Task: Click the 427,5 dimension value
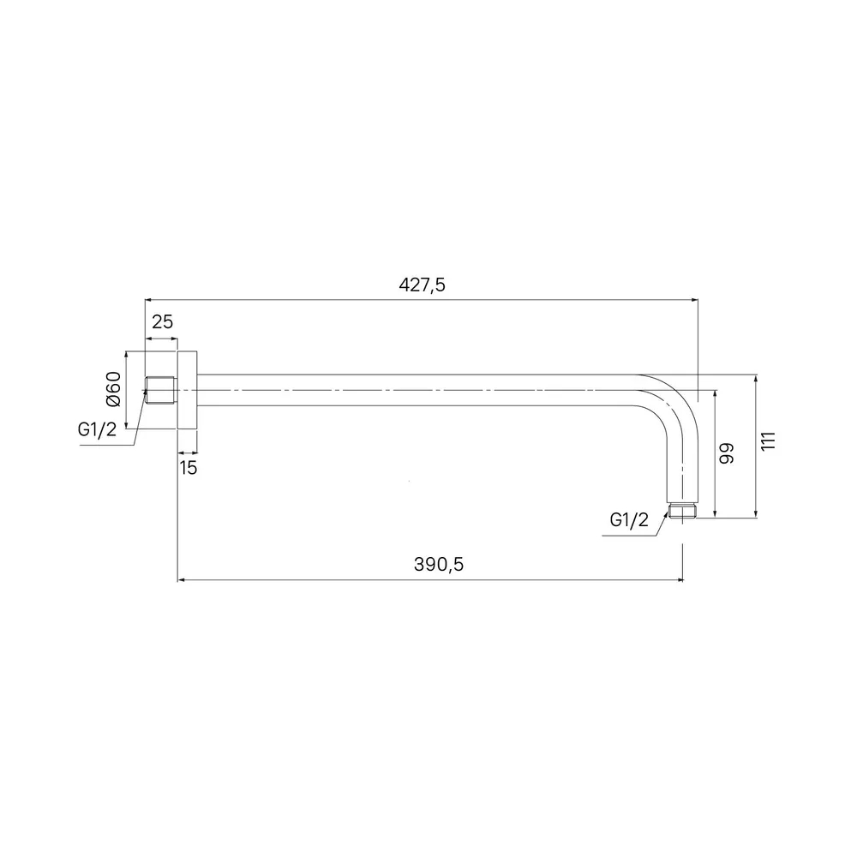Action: pos(422,285)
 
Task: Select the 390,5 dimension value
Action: pos(438,564)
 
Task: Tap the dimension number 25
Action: pos(162,322)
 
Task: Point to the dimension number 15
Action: pos(188,468)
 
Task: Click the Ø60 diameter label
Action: pos(113,388)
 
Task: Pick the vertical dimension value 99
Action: pos(727,453)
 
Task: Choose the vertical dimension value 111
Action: pos(769,440)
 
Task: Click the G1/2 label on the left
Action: pos(98,429)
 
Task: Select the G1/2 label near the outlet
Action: pos(629,520)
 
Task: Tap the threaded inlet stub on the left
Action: pos(160,390)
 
